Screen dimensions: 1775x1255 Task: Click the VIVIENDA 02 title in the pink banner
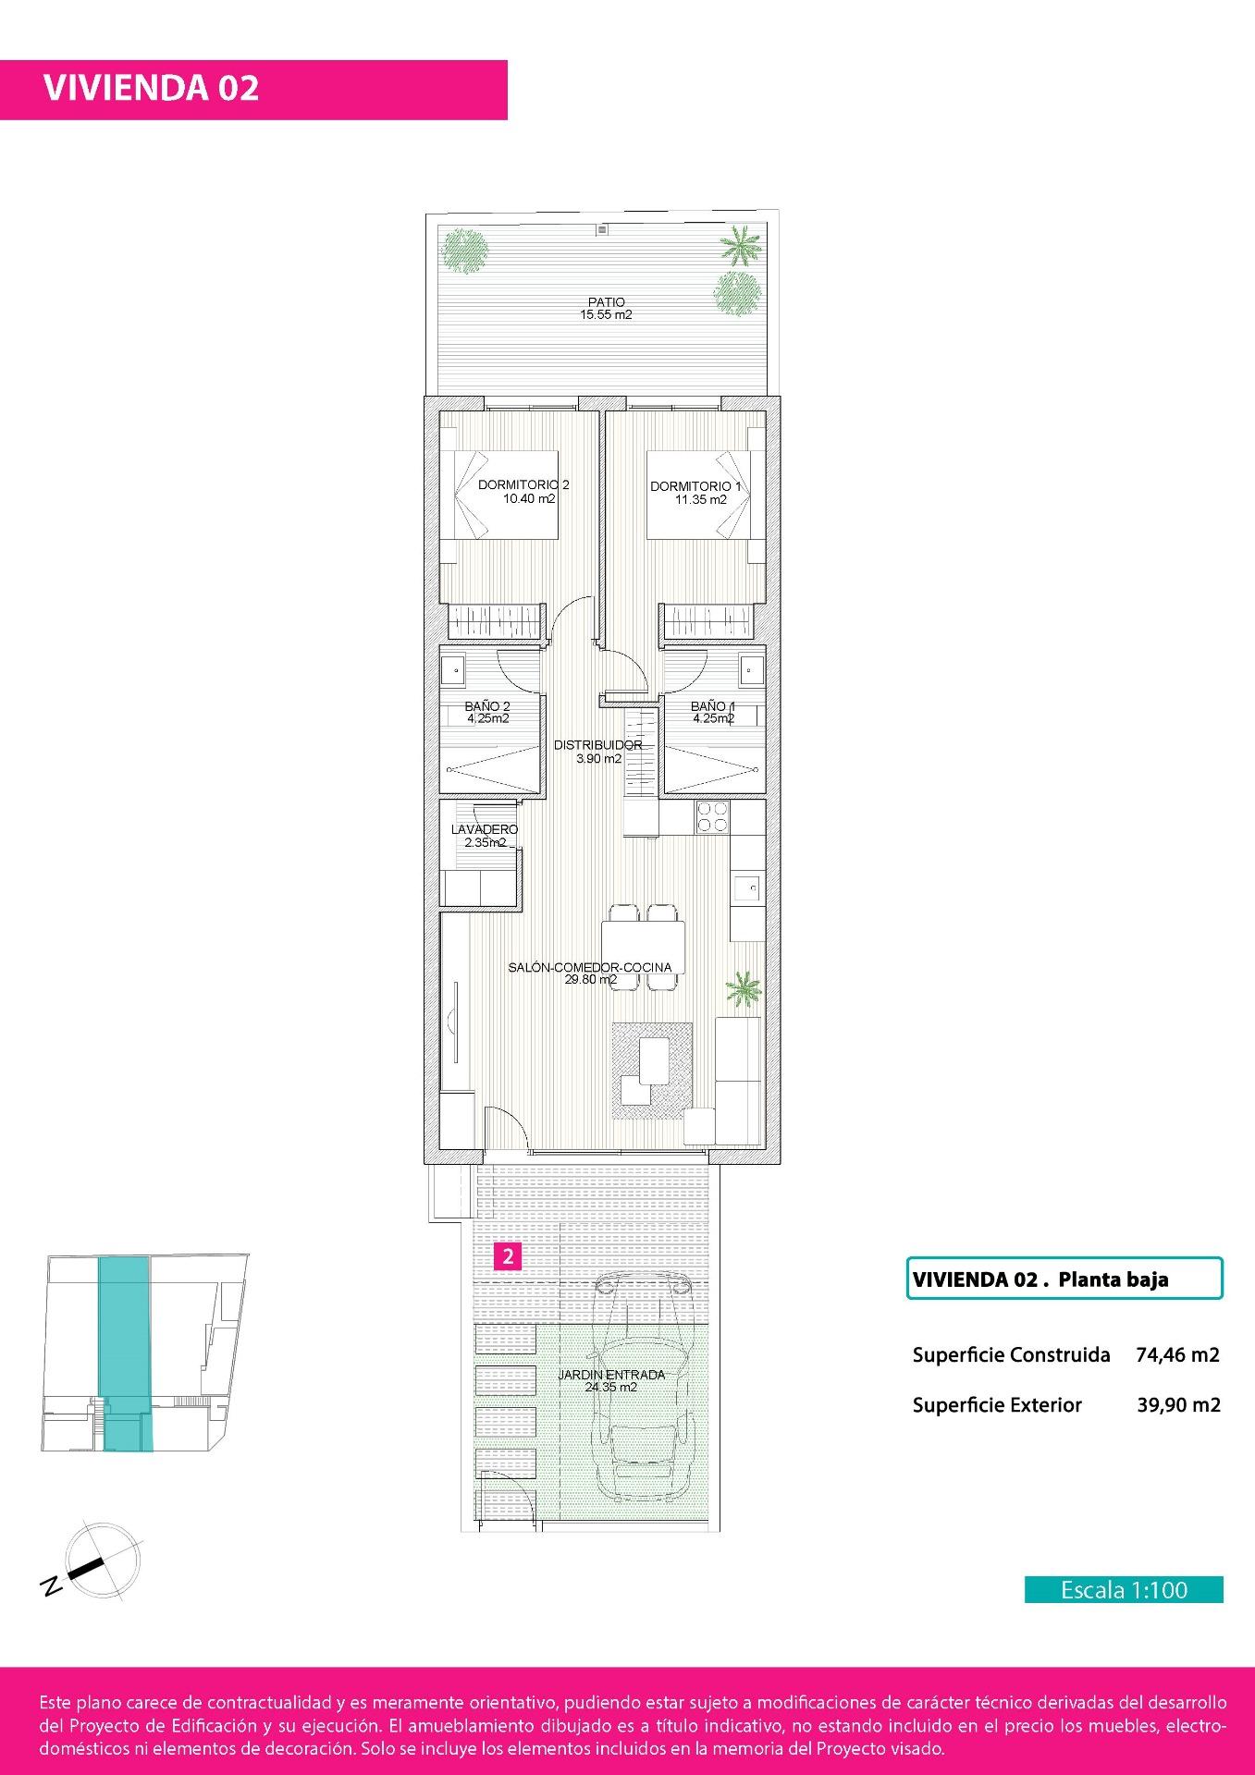pyautogui.click(x=152, y=88)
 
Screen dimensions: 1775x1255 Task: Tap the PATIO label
pyautogui.click(x=606, y=302)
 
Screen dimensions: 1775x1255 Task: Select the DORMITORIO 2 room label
pyautogui.click(x=523, y=485)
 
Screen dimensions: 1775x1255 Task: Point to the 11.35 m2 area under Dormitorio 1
pyautogui.click(x=700, y=500)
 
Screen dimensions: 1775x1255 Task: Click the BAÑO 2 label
pyautogui.click(x=487, y=706)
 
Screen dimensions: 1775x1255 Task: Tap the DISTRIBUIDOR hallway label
pyautogui.click(x=597, y=745)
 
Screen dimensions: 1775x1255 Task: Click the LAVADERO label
pyautogui.click(x=484, y=830)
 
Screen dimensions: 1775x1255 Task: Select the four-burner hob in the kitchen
pyautogui.click(x=711, y=817)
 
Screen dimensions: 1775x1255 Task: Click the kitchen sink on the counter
pyautogui.click(x=747, y=888)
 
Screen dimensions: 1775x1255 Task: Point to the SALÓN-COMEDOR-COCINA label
pyautogui.click(x=590, y=968)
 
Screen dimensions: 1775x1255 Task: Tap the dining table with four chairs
pyautogui.click(x=643, y=947)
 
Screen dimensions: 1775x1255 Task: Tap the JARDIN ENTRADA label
pyautogui.click(x=611, y=1375)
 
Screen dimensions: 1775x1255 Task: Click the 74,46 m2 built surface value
pyautogui.click(x=1177, y=1355)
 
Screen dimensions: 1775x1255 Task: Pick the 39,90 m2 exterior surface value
pyautogui.click(x=1178, y=1405)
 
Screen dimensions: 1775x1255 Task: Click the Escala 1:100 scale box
pyautogui.click(x=1124, y=1590)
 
